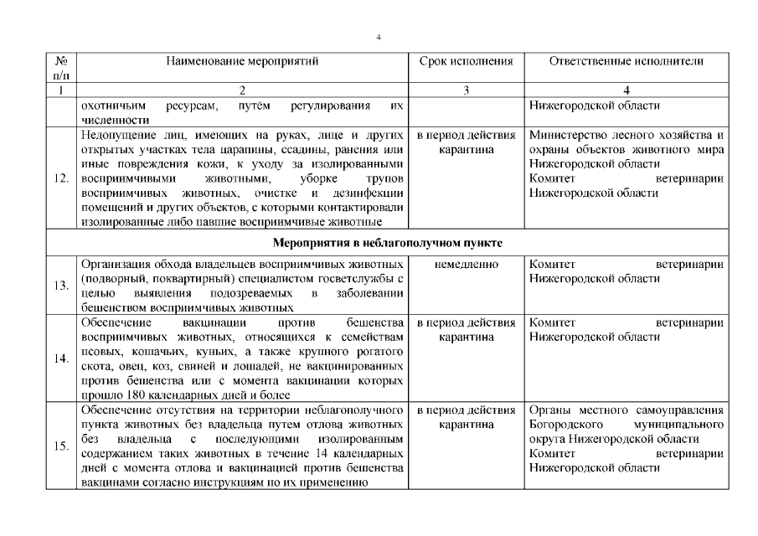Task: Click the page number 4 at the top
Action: pyautogui.click(x=379, y=38)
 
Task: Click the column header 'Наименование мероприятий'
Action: pyautogui.click(x=242, y=61)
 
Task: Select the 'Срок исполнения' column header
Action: pyautogui.click(x=466, y=61)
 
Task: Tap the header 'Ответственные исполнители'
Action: pyautogui.click(x=627, y=61)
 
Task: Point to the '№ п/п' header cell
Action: pyautogui.click(x=60, y=68)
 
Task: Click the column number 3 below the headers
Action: pyautogui.click(x=466, y=90)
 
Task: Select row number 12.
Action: pyautogui.click(x=60, y=178)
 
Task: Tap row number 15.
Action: pyautogui.click(x=60, y=446)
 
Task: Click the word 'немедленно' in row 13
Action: pyautogui.click(x=466, y=265)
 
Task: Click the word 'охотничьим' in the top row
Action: pyautogui.click(x=112, y=106)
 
